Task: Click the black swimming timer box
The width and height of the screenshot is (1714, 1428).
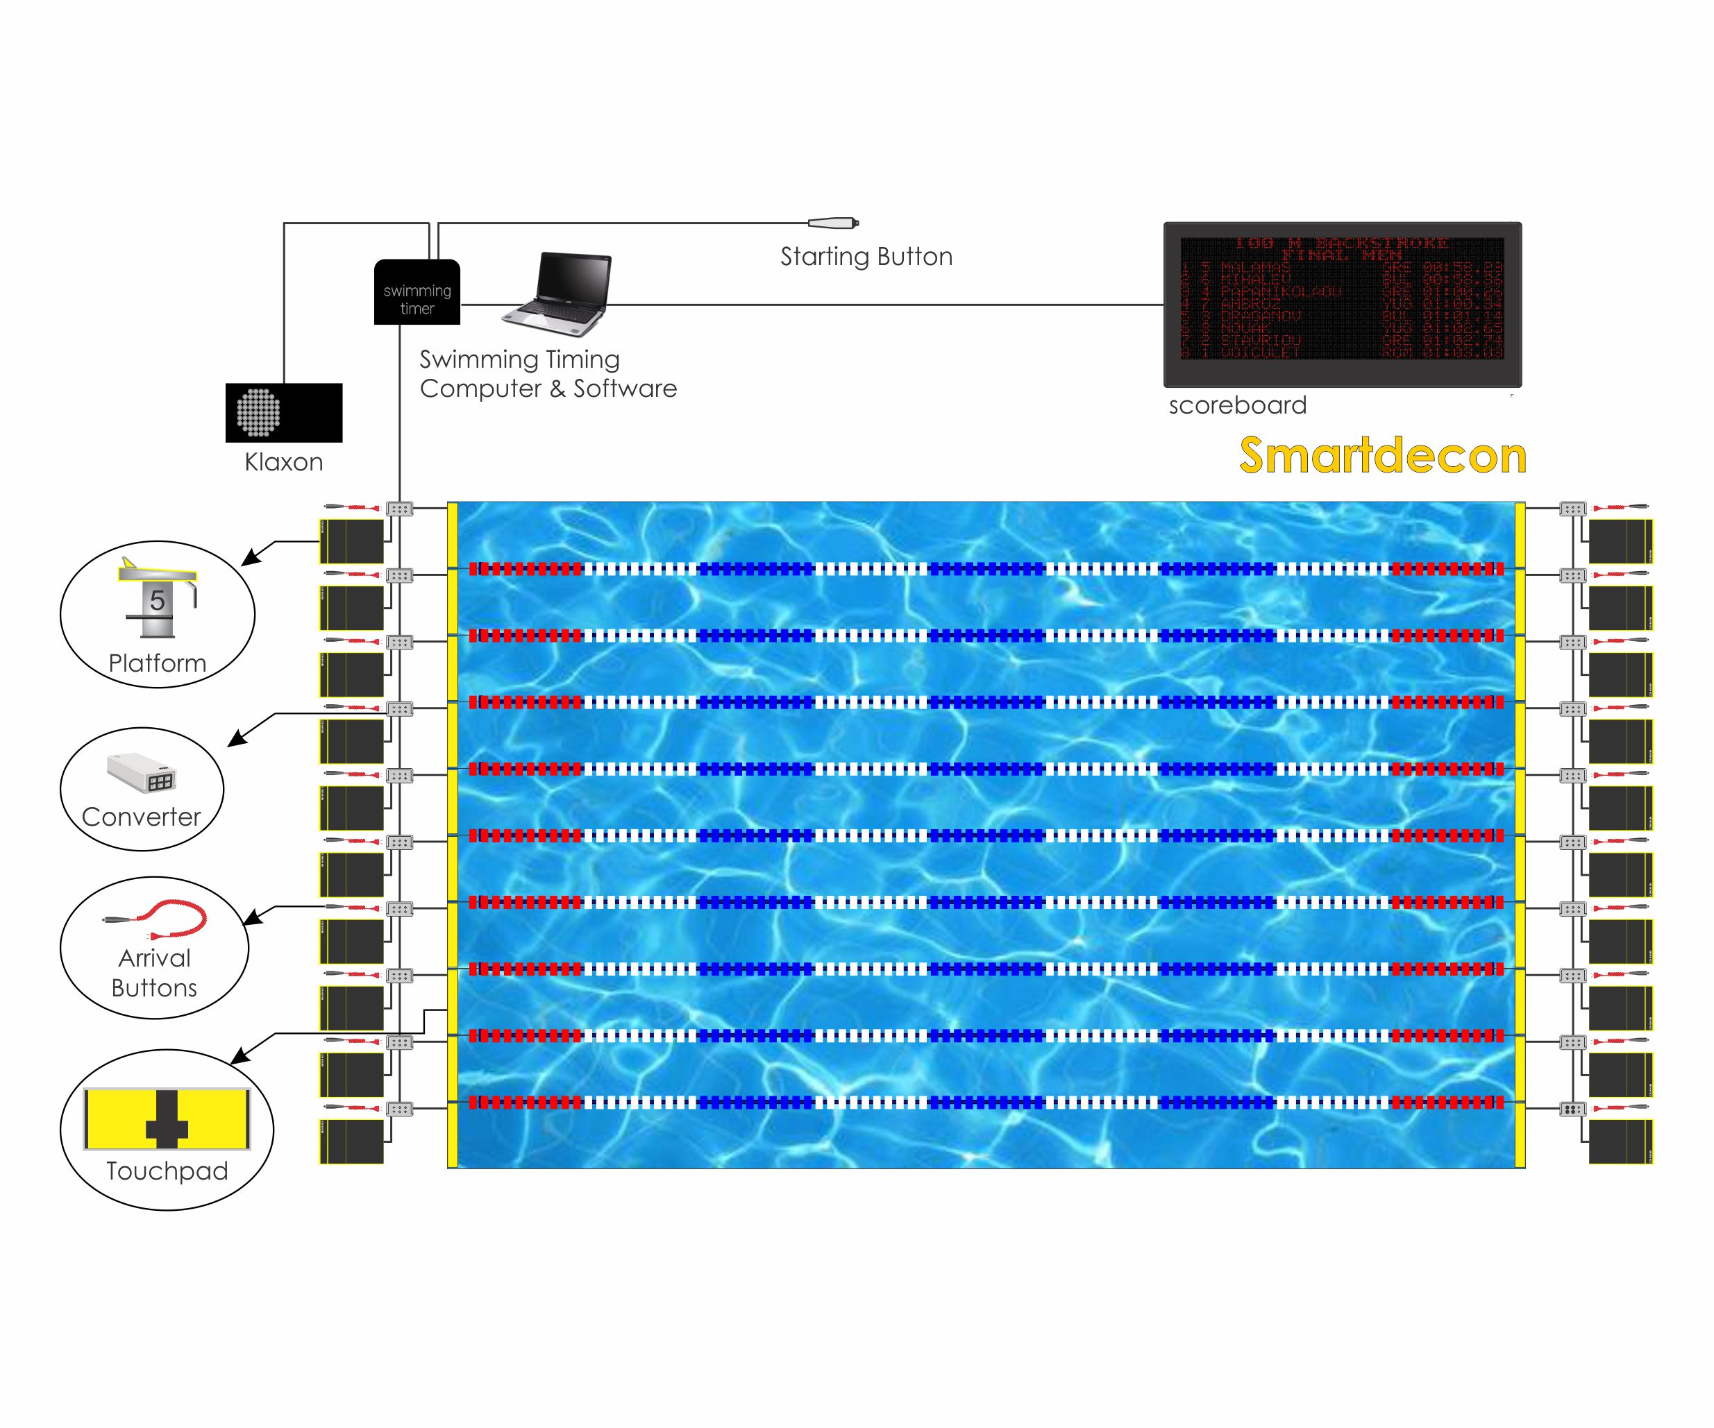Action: [417, 292]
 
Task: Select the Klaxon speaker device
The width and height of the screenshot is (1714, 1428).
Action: [283, 412]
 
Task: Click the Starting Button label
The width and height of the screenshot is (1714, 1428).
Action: [866, 257]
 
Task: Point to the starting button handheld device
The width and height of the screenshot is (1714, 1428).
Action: [832, 223]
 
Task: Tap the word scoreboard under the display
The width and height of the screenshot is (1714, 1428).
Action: [1237, 405]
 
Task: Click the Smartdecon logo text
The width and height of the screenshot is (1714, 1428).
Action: [1383, 455]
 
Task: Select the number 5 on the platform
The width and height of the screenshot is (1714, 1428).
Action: [158, 602]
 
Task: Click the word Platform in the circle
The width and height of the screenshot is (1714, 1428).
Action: [157, 663]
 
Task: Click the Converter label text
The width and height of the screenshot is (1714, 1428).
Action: [141, 817]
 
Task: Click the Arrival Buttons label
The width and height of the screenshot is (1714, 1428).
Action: [154, 973]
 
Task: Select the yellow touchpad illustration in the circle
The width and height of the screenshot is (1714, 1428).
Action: [167, 1118]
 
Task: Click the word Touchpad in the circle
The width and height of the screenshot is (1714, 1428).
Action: [167, 1171]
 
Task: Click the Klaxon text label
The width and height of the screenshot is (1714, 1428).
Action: [283, 463]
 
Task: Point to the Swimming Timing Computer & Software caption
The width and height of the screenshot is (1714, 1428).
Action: [548, 374]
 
